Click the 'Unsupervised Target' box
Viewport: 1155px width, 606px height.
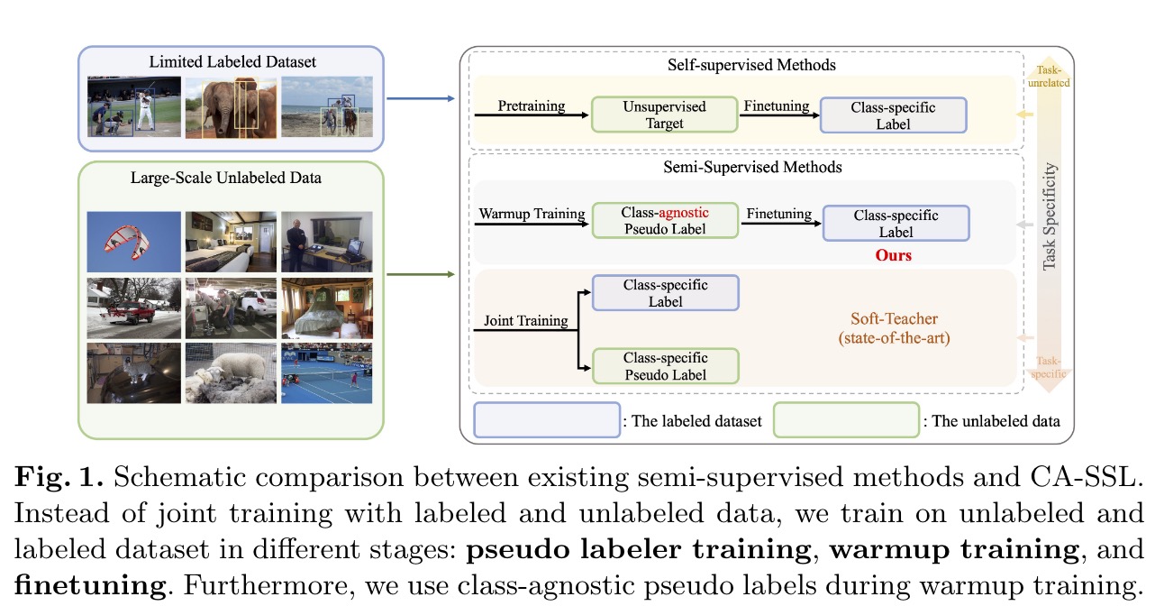pos(665,115)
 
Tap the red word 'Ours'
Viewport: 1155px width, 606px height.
pos(893,255)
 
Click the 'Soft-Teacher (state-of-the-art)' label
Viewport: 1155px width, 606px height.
pos(893,328)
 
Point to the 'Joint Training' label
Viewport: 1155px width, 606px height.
pos(525,320)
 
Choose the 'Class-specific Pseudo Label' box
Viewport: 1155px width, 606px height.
pos(665,366)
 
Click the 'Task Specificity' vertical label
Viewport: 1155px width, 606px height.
pos(1049,216)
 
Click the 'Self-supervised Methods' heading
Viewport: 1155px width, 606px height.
pos(750,65)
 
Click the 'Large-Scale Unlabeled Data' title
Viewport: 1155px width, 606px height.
pos(232,178)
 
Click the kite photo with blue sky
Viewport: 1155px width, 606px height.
pos(132,242)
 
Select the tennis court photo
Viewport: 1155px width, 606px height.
pos(326,372)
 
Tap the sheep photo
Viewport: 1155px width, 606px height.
pos(229,372)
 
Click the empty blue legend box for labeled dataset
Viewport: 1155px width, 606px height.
pos(547,421)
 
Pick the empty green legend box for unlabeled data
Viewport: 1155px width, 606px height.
pos(846,421)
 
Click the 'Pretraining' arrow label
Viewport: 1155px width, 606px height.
pos(532,106)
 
